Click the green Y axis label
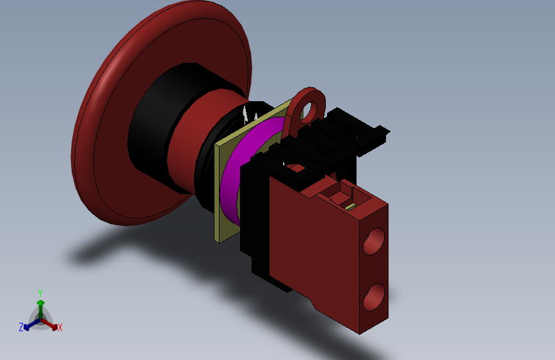tap(40, 293)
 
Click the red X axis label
tap(60, 327)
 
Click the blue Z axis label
tap(21, 327)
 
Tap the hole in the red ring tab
tap(311, 110)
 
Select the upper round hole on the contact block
tap(374, 241)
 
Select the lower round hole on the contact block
tap(374, 297)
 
